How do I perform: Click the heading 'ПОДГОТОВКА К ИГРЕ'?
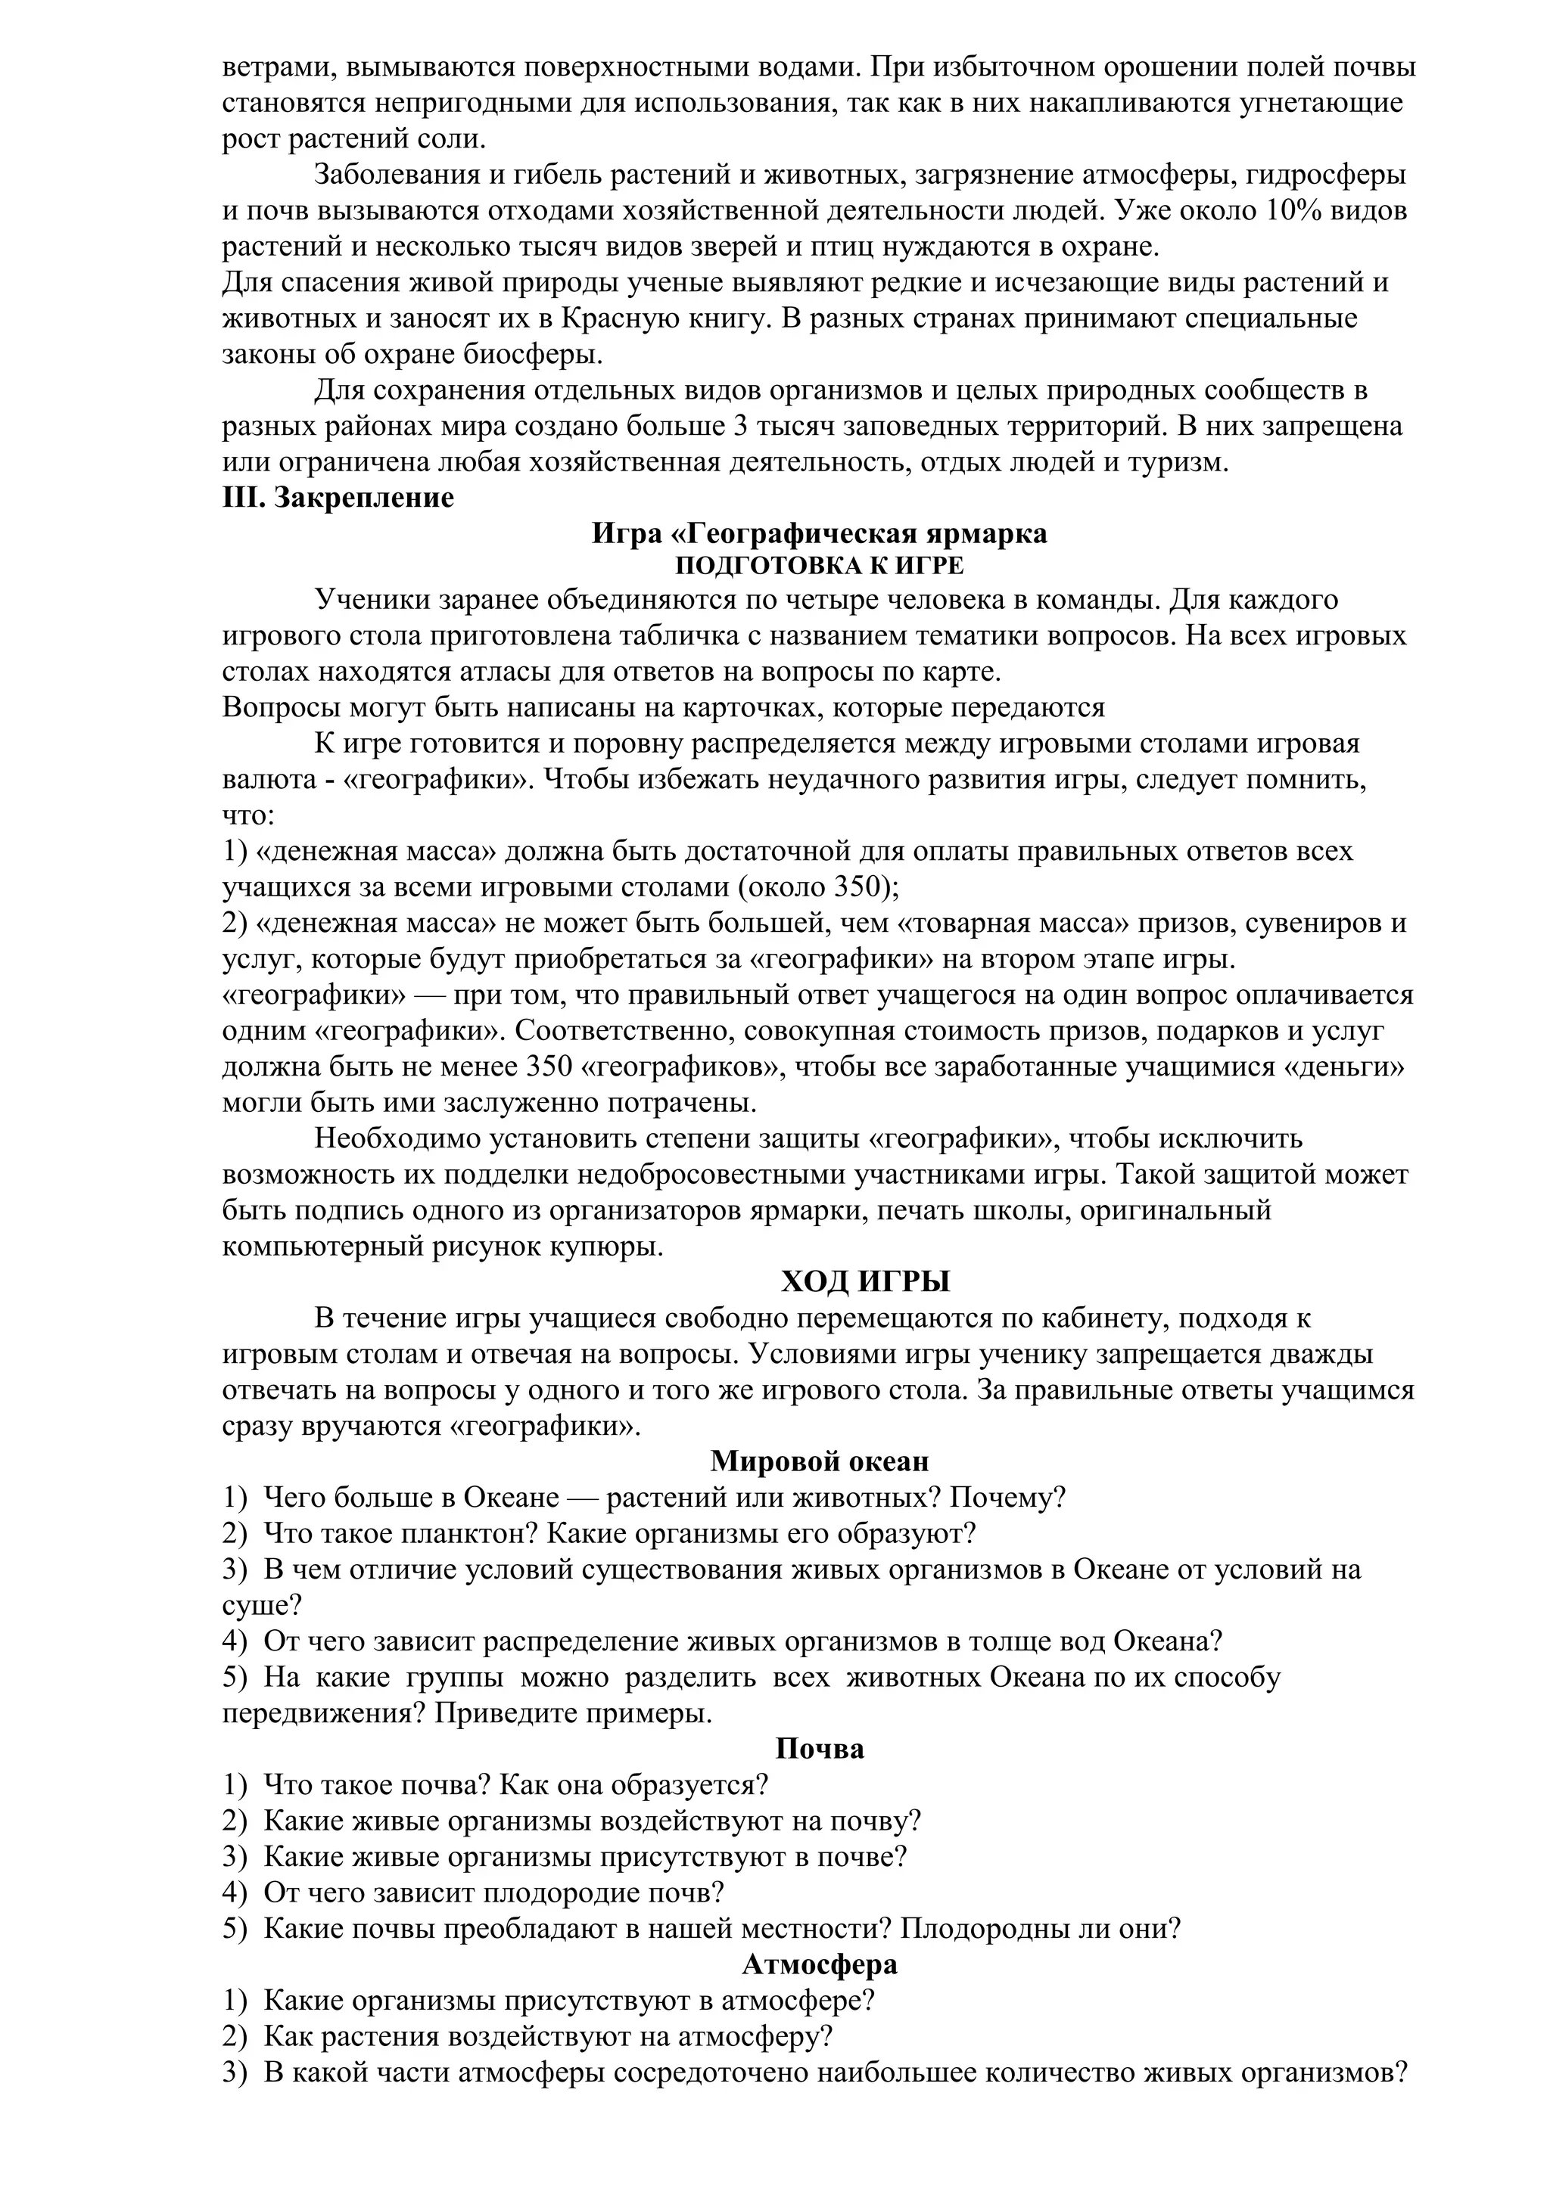tap(820, 566)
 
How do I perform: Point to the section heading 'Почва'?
tap(820, 1749)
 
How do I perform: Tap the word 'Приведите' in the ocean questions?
tap(501, 1714)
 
